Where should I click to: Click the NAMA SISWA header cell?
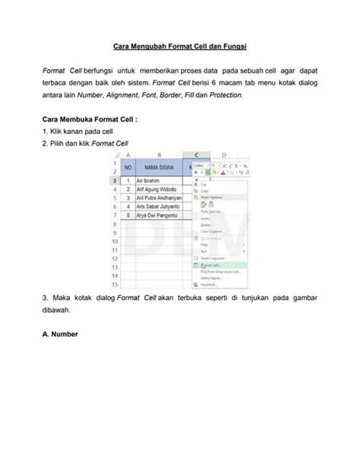(155, 168)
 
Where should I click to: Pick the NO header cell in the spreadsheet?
(128, 168)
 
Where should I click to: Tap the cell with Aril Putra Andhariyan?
(159, 198)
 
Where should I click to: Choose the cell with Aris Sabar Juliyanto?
(157, 207)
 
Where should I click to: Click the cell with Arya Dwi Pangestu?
(155, 215)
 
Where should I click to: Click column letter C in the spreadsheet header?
(197, 155)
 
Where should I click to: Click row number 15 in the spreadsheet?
(114, 283)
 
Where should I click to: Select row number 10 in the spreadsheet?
(114, 241)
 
